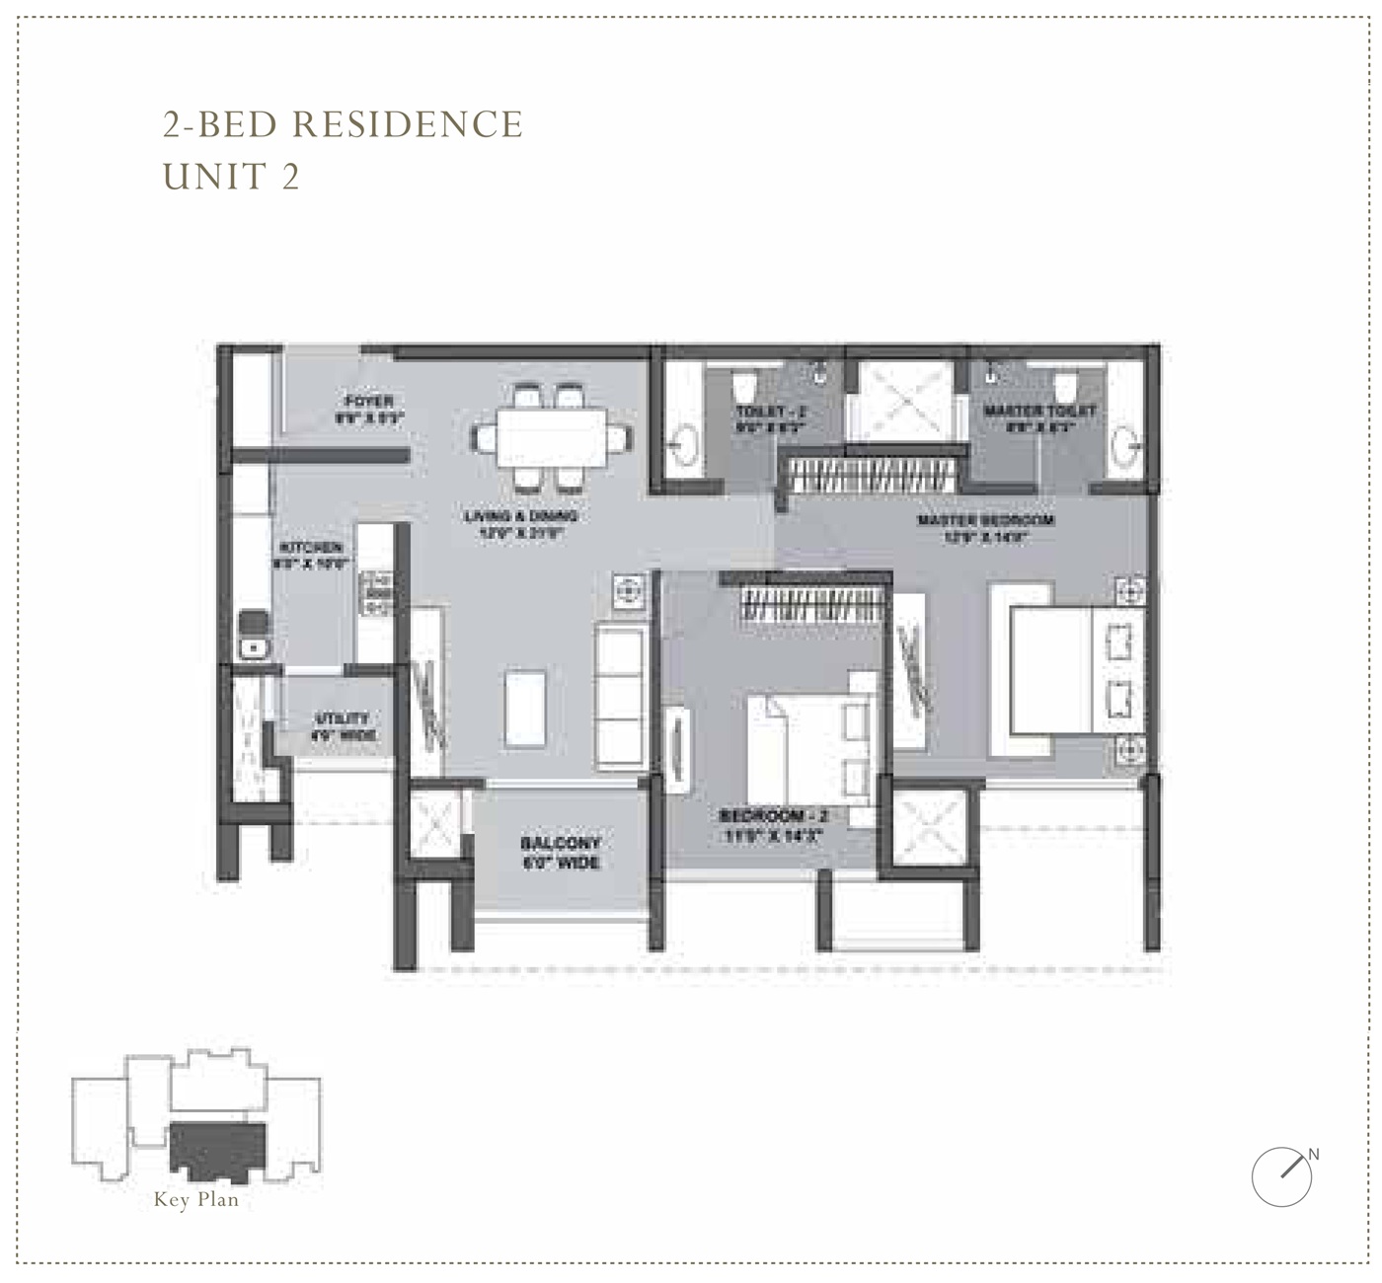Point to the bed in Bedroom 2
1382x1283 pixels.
pyautogui.click(x=809, y=747)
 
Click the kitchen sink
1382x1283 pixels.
pyautogui.click(x=254, y=647)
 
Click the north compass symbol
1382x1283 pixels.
pyautogui.click(x=1282, y=1176)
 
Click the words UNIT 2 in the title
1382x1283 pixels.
pyautogui.click(x=231, y=177)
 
